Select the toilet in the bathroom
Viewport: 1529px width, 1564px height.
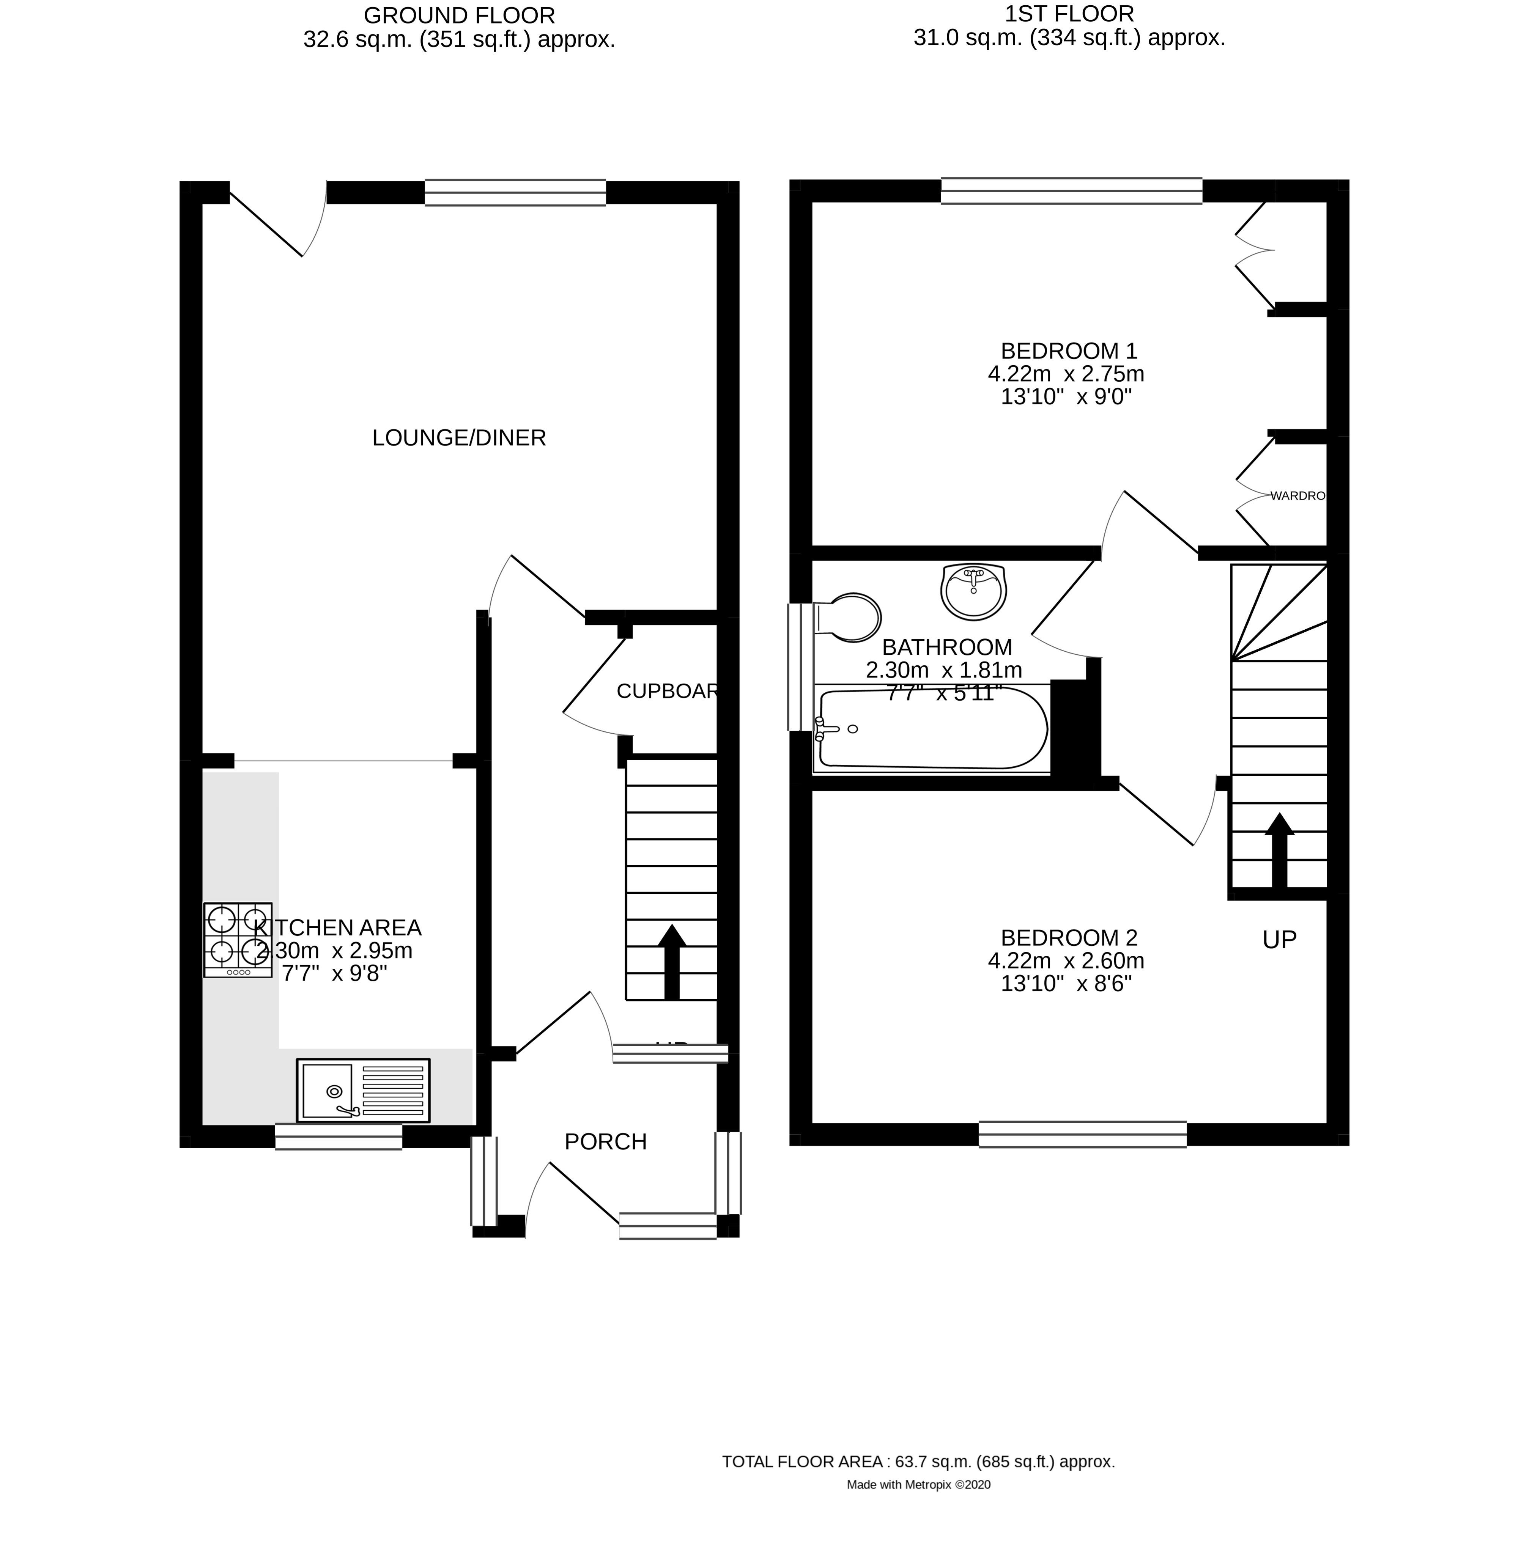(850, 618)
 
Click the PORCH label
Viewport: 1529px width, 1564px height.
(606, 1142)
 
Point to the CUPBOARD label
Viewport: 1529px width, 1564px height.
(666, 691)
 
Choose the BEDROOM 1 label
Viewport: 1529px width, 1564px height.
(1069, 351)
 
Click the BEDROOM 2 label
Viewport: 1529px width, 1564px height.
(1069, 938)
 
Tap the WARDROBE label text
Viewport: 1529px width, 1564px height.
(1297, 496)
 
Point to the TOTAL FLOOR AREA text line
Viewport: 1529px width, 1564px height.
(918, 1461)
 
